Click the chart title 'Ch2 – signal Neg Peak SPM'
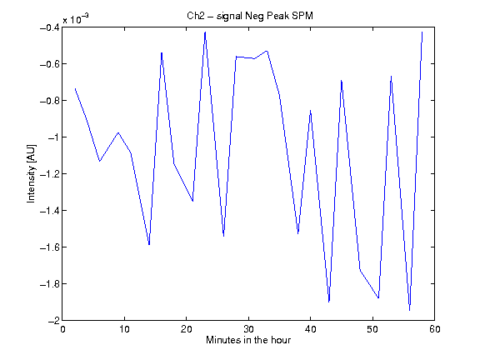pos(250,16)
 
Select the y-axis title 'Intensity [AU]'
pos(31,173)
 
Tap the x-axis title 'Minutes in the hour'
pos(248,340)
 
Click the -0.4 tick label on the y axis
pos(50,27)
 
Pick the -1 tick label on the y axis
pos(53,137)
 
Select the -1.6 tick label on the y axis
pos(50,247)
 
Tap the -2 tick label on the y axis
pos(53,321)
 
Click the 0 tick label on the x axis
pos(62,329)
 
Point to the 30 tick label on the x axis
pos(248,329)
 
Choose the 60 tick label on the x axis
pos(435,329)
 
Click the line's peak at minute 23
pos(205,32)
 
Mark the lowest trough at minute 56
pos(410,311)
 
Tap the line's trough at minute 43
pos(329,302)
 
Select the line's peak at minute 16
pos(162,52)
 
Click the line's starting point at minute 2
pos(75,88)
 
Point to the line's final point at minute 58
pos(422,32)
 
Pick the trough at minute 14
pos(149,245)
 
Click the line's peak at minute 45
pos(342,81)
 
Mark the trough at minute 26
pos(224,237)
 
